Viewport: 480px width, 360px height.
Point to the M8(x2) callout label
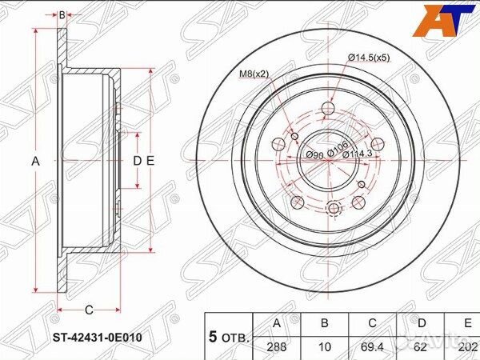(255, 74)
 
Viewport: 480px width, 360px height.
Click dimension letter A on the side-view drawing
(35, 162)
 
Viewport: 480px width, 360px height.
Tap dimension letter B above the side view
(62, 14)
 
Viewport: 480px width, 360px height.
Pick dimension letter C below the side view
(89, 310)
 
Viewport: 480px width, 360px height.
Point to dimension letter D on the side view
(136, 162)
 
